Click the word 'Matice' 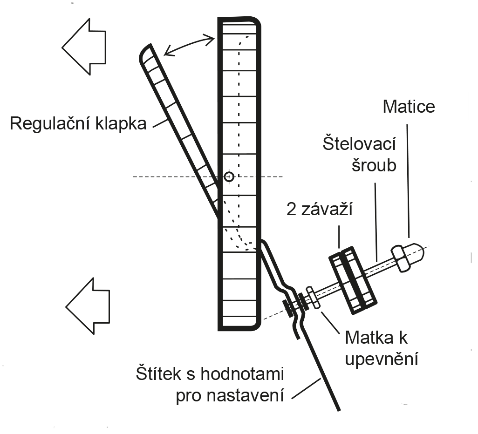(409, 107)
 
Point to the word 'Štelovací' (359, 144)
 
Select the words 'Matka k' (376, 338)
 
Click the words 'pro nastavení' (230, 396)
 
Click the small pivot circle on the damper (228, 177)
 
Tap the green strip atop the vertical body (239, 22)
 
